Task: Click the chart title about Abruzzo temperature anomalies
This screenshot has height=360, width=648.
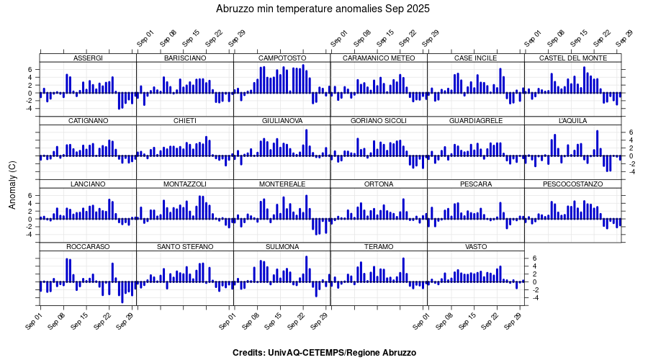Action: [x=323, y=9]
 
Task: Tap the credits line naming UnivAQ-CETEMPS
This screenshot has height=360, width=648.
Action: [x=324, y=353]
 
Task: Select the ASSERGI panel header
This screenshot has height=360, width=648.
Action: [x=88, y=58]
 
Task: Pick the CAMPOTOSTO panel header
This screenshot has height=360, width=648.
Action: [x=282, y=58]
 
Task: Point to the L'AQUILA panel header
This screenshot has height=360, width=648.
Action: [x=572, y=121]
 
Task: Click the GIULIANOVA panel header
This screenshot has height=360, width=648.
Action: [x=282, y=121]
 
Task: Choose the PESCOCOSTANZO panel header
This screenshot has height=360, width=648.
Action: [x=572, y=184]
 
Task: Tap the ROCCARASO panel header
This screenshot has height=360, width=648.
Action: [x=88, y=247]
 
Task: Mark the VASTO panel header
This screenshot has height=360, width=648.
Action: [x=476, y=247]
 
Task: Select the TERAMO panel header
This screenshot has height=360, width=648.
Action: [x=379, y=247]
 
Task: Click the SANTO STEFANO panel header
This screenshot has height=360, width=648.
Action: [x=185, y=247]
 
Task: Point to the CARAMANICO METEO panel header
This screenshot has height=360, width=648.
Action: [x=379, y=58]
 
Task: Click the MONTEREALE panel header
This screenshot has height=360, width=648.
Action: [x=282, y=184]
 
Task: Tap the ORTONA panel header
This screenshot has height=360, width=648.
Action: [x=379, y=184]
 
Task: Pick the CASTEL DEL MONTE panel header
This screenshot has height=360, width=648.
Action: [x=572, y=58]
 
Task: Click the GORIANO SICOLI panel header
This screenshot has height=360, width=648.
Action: [x=379, y=121]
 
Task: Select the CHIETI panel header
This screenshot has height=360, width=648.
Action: [x=185, y=121]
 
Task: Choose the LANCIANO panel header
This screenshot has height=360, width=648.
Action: [x=88, y=184]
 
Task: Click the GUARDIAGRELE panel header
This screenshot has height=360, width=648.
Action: [x=476, y=121]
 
